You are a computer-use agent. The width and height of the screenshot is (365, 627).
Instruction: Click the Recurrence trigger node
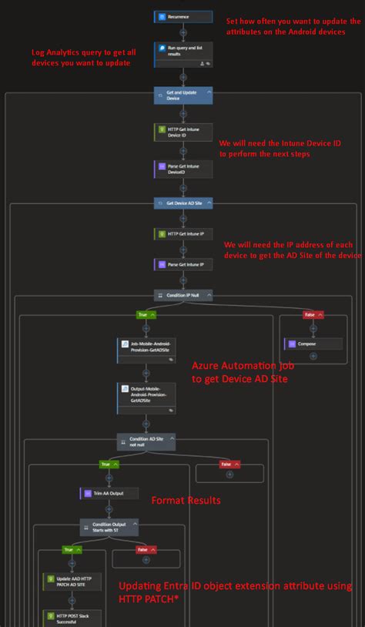(x=182, y=16)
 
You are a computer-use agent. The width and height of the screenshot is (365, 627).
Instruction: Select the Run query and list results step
(x=182, y=50)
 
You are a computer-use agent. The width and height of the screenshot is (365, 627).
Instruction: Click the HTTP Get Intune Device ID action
(x=182, y=132)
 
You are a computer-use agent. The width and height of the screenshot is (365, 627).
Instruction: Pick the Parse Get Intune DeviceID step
(x=182, y=169)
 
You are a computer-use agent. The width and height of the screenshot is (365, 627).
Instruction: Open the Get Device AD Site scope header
(x=182, y=203)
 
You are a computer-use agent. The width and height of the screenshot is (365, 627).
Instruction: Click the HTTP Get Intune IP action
(x=182, y=233)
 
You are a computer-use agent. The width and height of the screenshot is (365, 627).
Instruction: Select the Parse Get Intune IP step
(x=182, y=264)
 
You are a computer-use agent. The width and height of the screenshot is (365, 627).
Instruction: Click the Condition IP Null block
(x=182, y=295)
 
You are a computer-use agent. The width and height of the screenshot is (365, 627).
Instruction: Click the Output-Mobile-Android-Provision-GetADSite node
(x=146, y=394)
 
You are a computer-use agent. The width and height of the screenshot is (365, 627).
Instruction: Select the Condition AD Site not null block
(x=146, y=441)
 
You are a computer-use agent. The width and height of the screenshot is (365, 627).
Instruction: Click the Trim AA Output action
(x=109, y=493)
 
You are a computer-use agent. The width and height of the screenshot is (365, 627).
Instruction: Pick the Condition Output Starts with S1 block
(x=109, y=528)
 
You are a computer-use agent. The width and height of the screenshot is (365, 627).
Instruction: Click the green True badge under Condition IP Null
(x=146, y=314)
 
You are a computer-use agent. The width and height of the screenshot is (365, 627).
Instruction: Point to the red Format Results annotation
(x=186, y=501)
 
